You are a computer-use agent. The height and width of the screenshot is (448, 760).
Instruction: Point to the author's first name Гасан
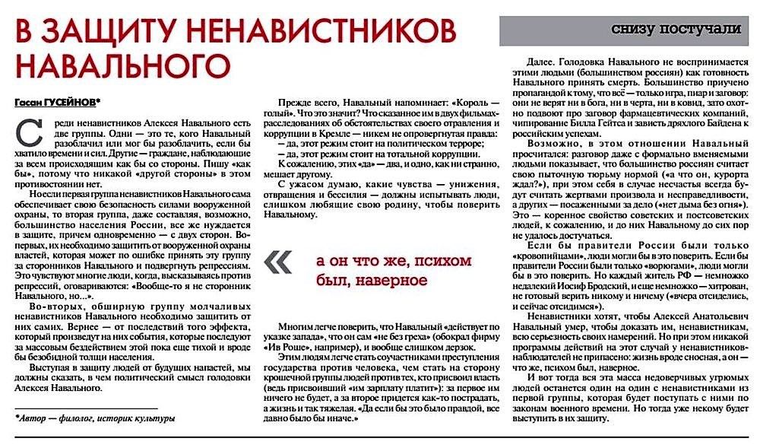tap(29, 102)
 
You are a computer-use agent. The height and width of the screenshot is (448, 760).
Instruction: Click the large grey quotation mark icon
tap(278, 262)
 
